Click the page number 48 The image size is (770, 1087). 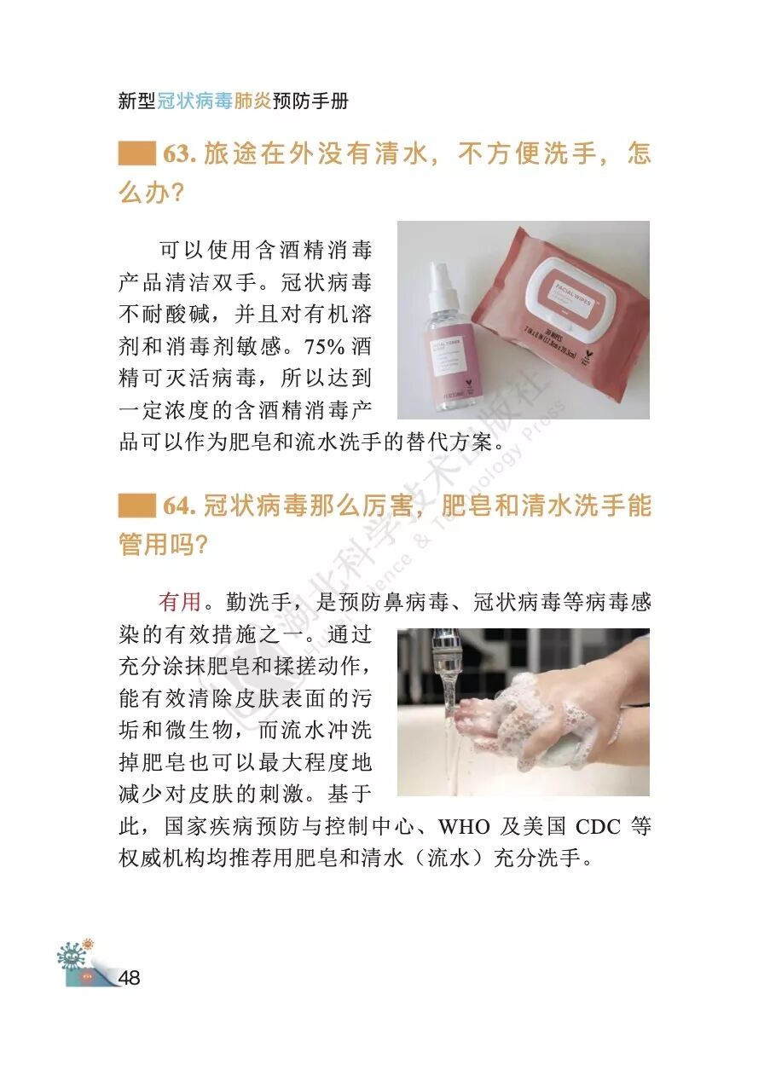pyautogui.click(x=129, y=977)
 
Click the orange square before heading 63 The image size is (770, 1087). pyautogui.click(x=137, y=153)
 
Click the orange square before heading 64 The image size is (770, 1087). pyautogui.click(x=137, y=506)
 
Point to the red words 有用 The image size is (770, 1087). pyautogui.click(x=180, y=602)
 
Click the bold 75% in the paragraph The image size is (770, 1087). pyautogui.click(x=324, y=347)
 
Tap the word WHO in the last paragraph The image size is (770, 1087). pyautogui.click(x=464, y=827)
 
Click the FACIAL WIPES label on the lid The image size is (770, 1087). pyautogui.click(x=573, y=292)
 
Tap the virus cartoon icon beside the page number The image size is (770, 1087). pyautogui.click(x=72, y=957)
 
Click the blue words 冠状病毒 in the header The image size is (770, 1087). pyautogui.click(x=195, y=101)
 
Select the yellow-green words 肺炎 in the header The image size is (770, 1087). pyautogui.click(x=252, y=101)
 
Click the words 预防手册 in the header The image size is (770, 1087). pyautogui.click(x=310, y=101)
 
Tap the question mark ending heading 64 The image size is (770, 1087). pyautogui.click(x=200, y=545)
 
